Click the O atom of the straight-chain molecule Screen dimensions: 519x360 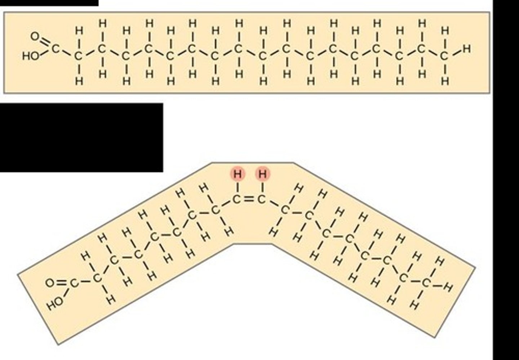[35, 36]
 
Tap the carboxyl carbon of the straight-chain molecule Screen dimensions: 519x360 [55, 48]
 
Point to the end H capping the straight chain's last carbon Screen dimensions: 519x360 [467, 48]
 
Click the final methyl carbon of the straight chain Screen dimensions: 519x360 [445, 56]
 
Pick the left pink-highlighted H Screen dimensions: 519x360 [238, 174]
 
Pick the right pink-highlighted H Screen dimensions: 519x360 [263, 174]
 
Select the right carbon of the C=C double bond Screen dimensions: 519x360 [262, 199]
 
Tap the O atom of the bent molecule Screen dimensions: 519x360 [49, 283]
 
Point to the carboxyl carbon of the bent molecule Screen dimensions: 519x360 [74, 283]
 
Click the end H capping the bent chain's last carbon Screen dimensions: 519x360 [448, 287]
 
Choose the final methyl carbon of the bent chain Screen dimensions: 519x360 [426, 283]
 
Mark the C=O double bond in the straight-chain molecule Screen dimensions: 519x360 [45, 42]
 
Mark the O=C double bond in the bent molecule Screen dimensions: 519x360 [62, 283]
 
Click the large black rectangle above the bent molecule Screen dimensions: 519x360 [81, 137]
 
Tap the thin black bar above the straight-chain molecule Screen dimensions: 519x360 [49, 3]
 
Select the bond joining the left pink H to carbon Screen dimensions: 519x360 [238, 187]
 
